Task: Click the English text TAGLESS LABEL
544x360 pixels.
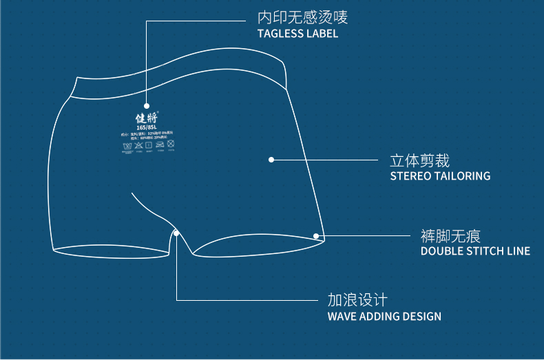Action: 297,34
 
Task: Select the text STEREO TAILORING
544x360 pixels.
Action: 440,176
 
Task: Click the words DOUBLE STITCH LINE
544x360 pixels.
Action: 475,251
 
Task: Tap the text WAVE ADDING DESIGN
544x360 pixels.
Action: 384,317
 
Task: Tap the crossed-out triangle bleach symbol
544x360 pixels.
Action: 138,147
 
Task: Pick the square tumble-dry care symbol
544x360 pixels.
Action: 149,146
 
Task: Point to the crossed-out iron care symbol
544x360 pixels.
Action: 160,146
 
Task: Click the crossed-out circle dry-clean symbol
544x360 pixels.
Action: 171,145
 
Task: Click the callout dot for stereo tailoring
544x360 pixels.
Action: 271,160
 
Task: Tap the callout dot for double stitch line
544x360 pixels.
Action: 317,236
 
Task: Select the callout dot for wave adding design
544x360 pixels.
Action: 177,233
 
